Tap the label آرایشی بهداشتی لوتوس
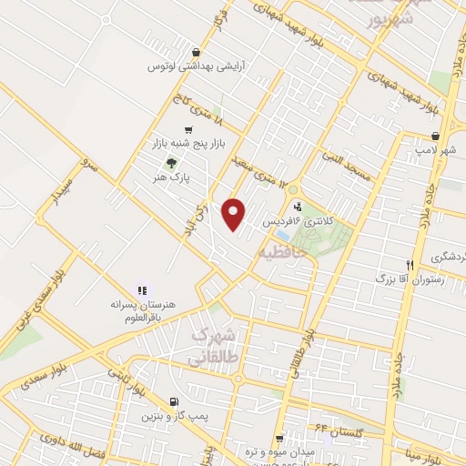(194, 66)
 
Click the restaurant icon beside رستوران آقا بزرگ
(410, 265)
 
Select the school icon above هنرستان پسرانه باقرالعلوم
(141, 289)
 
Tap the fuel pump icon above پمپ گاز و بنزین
(174, 401)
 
